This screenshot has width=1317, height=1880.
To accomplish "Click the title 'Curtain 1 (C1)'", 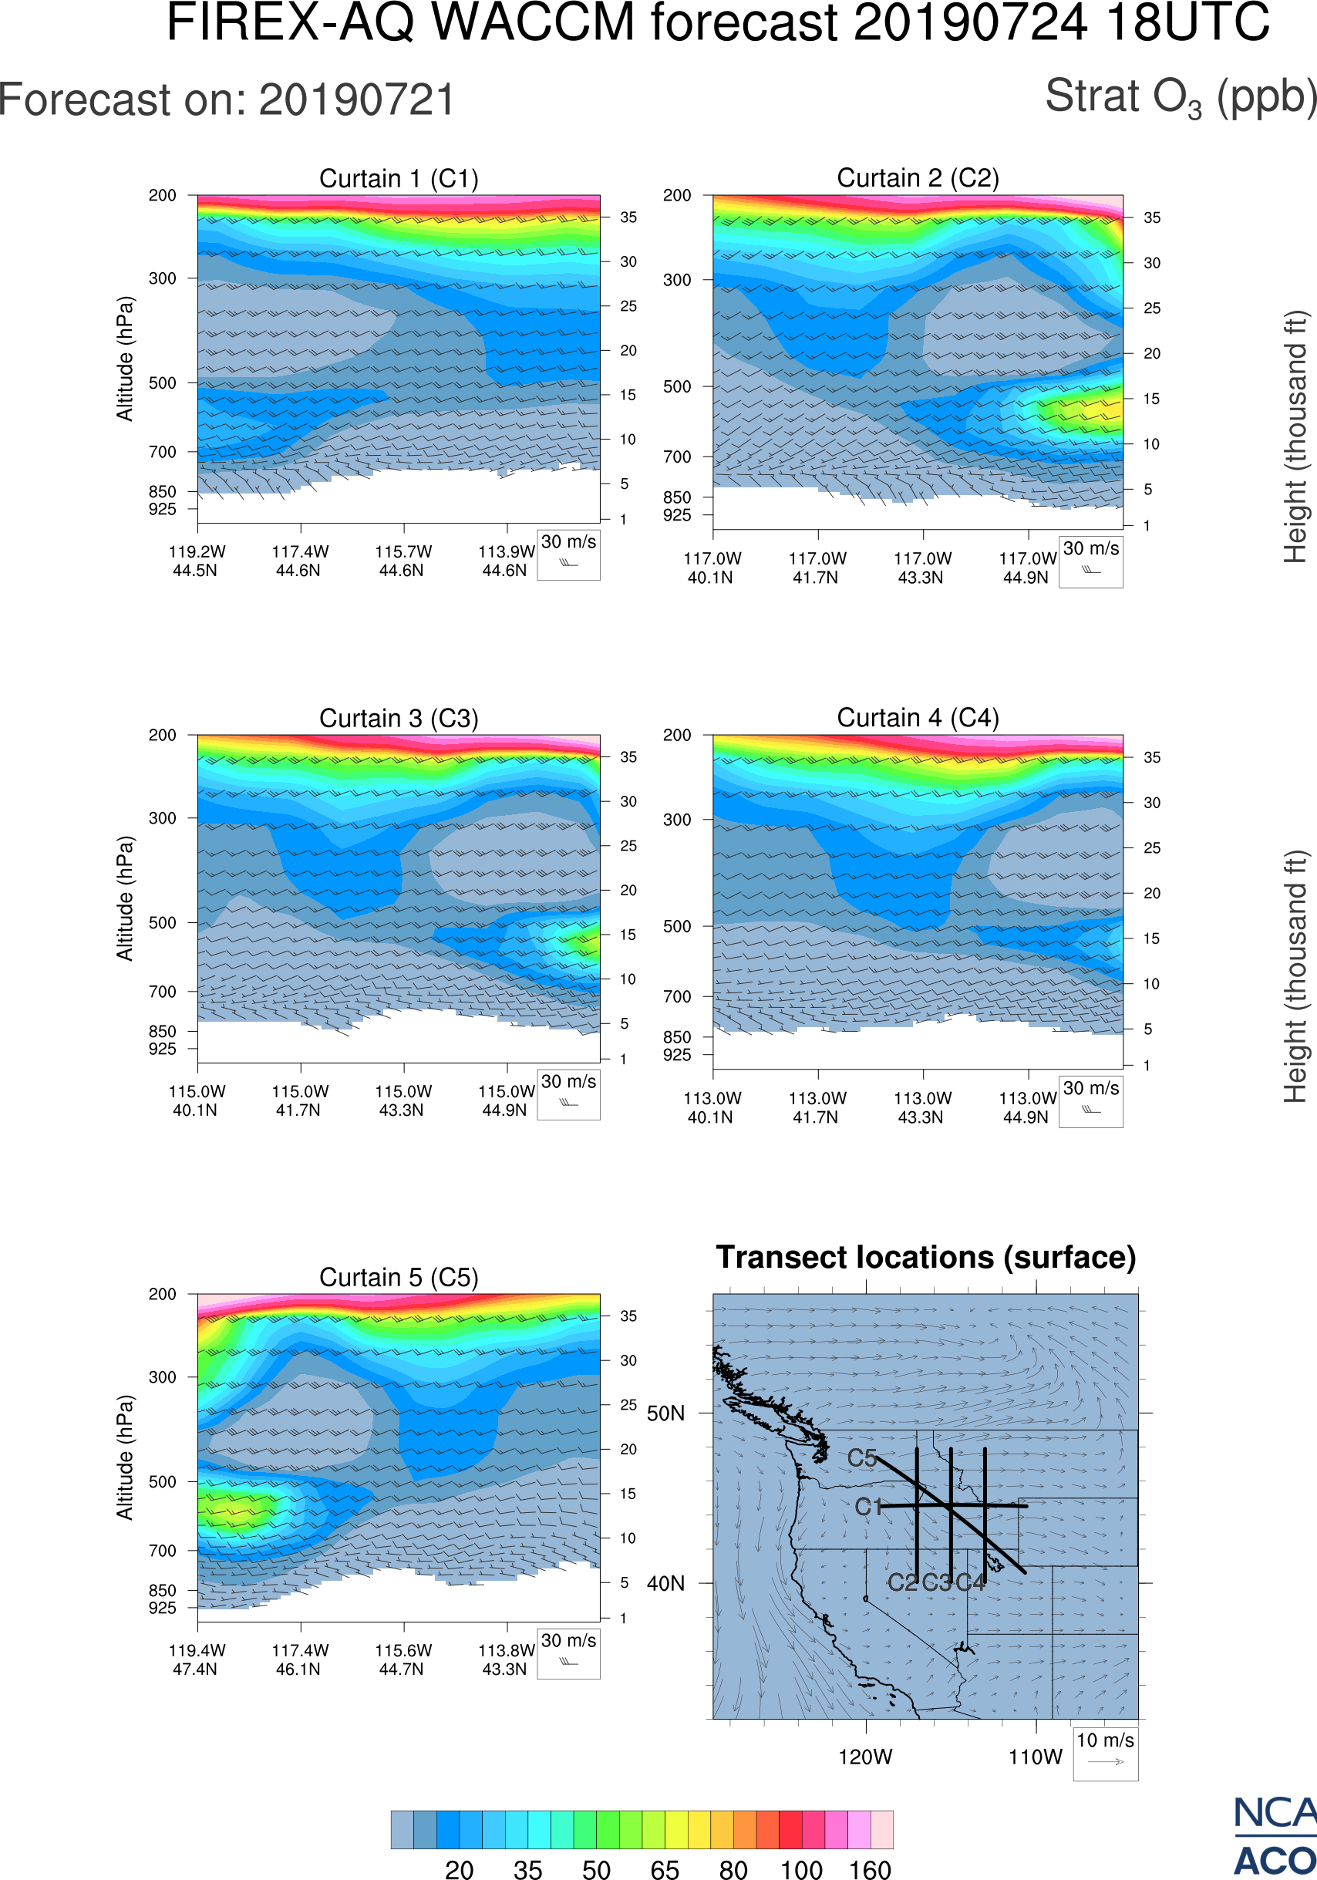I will (399, 178).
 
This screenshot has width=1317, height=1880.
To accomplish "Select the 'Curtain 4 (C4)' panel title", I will (918, 718).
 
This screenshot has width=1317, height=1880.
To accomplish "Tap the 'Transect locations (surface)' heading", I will (926, 1257).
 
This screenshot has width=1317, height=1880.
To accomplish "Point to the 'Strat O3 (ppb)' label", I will (1181, 97).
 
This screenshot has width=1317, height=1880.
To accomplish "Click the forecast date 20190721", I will (357, 101).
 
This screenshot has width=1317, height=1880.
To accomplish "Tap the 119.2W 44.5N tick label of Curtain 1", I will (197, 561).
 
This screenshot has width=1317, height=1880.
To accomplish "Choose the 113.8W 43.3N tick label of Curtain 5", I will (505, 1659).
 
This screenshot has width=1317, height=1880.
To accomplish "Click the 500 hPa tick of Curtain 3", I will (162, 923).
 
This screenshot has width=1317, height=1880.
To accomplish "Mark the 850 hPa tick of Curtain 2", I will (677, 497).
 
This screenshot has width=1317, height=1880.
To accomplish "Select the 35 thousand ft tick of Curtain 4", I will (1152, 757).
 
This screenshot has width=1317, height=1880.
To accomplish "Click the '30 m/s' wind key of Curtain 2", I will (1090, 561).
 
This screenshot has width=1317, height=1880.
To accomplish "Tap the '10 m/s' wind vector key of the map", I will (1105, 1752).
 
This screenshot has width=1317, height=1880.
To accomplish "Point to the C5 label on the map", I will (862, 1458).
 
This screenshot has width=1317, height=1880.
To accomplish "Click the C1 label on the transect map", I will (867, 1507).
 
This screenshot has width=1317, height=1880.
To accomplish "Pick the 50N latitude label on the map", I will (665, 1414).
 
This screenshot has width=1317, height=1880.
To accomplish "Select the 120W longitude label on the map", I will (865, 1757).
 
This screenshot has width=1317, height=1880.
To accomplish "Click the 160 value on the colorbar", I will (869, 1869).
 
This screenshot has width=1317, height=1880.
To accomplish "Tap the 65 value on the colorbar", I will (665, 1869).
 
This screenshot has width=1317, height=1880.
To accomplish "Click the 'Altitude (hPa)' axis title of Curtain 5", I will (124, 1457).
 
